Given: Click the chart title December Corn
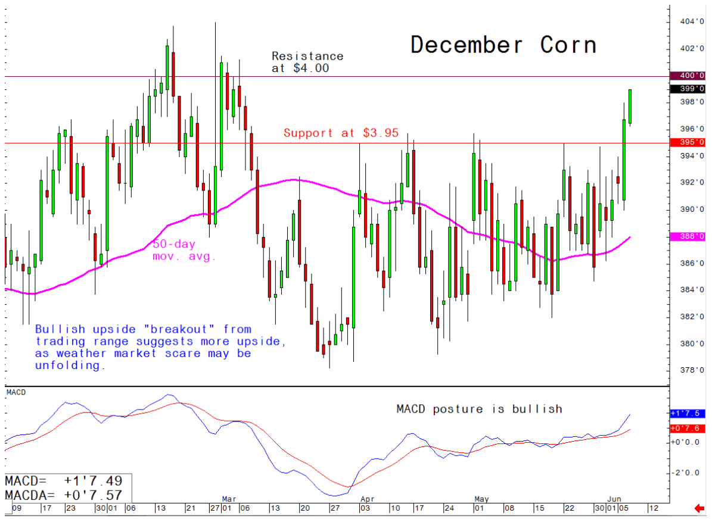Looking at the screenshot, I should click(503, 45).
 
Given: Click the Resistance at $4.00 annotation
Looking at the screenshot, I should click(307, 62).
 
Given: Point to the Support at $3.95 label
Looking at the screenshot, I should click(341, 133).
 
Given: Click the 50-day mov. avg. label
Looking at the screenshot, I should click(184, 251).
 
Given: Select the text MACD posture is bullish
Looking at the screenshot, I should click(479, 409).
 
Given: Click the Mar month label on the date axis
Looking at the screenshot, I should click(229, 498).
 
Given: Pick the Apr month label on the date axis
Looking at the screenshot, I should click(367, 498).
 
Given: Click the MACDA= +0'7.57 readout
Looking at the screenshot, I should click(64, 495).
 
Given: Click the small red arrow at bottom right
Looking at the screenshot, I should click(699, 508).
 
